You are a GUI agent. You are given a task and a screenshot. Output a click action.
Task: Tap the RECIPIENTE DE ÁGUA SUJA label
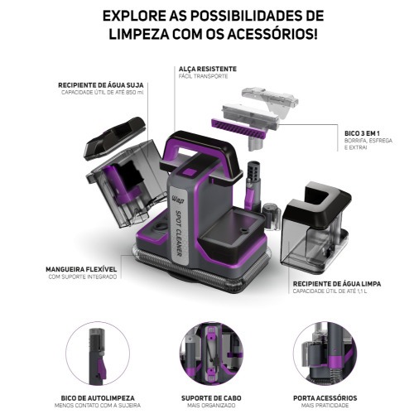[x=97, y=84]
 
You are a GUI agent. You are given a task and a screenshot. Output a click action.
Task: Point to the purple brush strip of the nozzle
[x=240, y=127]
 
